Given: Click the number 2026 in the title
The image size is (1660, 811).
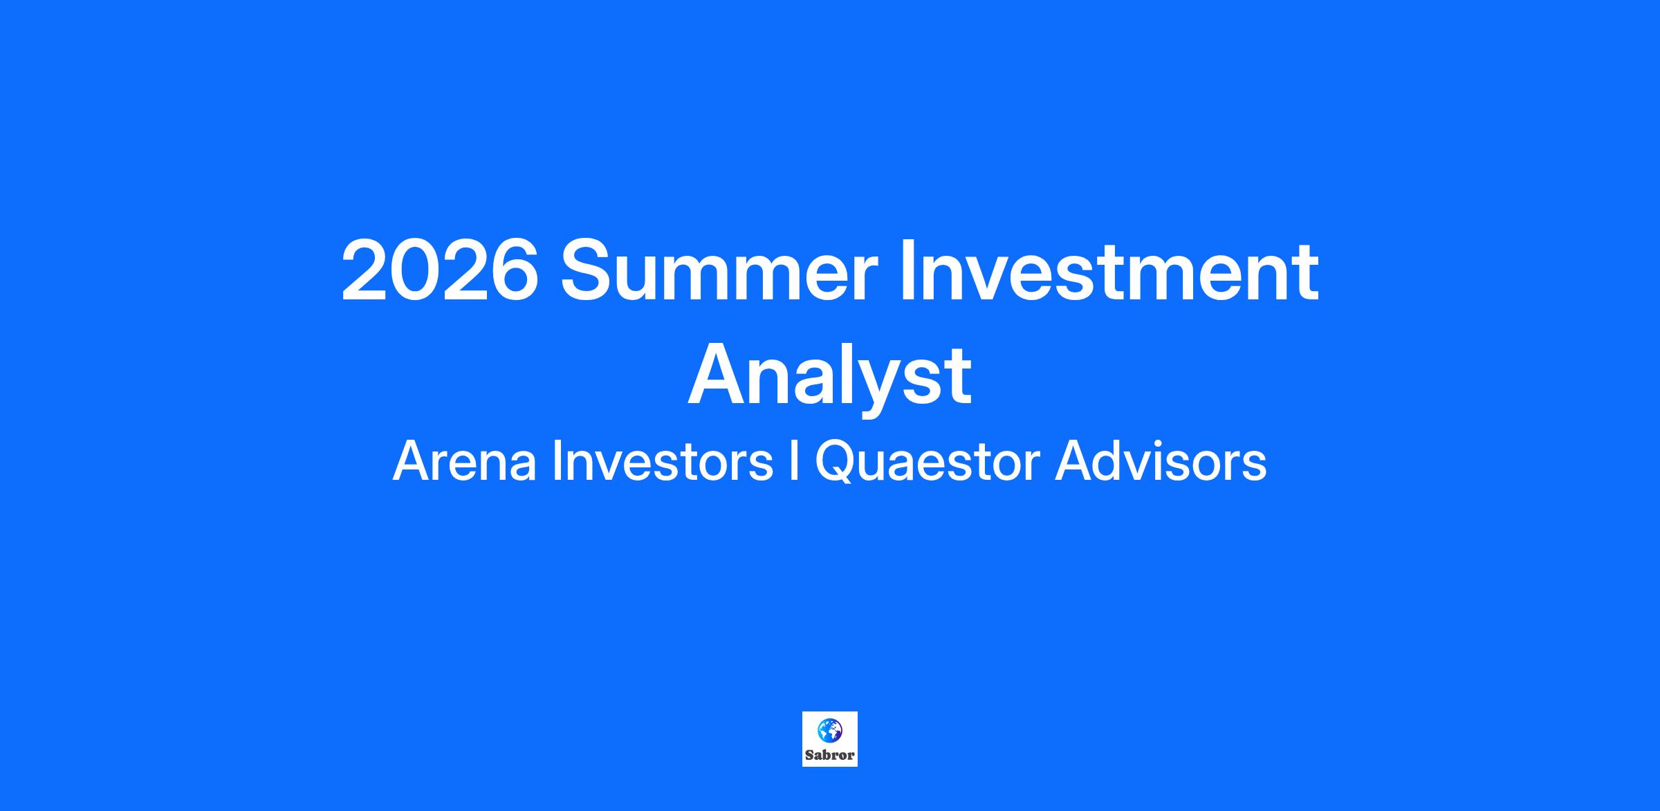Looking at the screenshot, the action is pyautogui.click(x=440, y=270).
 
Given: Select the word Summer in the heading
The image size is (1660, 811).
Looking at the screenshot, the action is pyautogui.click(x=719, y=270).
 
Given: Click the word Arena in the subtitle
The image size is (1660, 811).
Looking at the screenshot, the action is pyautogui.click(x=465, y=462).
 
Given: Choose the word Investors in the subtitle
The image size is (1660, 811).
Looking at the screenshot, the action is pyautogui.click(x=663, y=462).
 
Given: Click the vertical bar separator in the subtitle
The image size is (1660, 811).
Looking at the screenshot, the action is pyautogui.click(x=794, y=462).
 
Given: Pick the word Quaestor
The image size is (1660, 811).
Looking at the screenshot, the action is pyautogui.click(x=928, y=462).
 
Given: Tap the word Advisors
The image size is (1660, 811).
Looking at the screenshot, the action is pyautogui.click(x=1161, y=462).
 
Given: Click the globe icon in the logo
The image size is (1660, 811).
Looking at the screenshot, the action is pyautogui.click(x=829, y=730).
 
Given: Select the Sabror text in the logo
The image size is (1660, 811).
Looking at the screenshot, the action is pyautogui.click(x=829, y=755).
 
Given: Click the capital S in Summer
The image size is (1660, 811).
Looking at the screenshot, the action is pyautogui.click(x=587, y=270).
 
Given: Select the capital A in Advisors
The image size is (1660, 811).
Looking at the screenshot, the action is pyautogui.click(x=1073, y=461).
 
